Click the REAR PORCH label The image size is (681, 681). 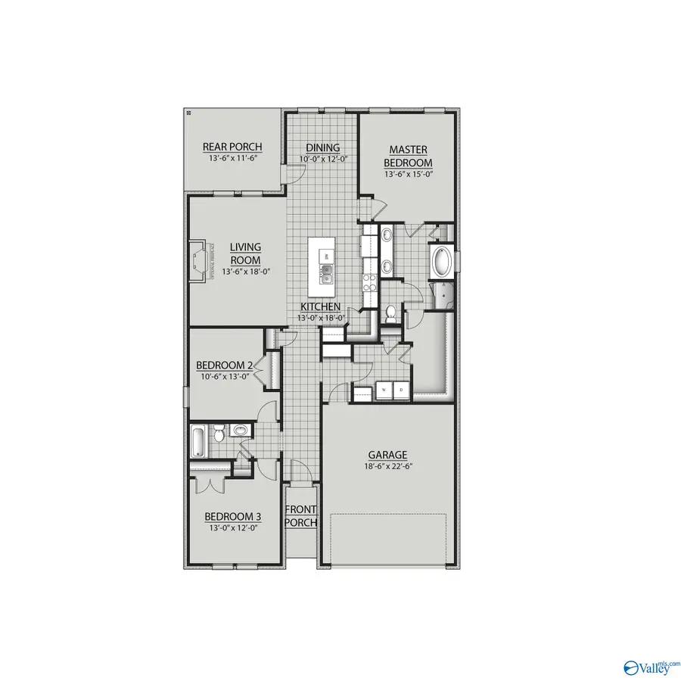tap(232, 147)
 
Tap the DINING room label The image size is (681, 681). tap(323, 148)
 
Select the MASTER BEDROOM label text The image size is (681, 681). tap(408, 157)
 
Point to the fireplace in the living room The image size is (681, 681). tap(199, 261)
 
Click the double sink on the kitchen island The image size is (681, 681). tap(326, 272)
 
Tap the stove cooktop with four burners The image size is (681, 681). tap(370, 283)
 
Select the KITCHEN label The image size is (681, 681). tap(321, 306)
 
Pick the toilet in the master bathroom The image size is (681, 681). tap(391, 313)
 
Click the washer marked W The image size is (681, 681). tap(383, 390)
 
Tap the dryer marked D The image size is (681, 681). tap(401, 390)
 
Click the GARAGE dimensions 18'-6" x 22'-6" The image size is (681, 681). tap(387, 467)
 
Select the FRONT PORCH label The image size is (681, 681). tap(300, 516)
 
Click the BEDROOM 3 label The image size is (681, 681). tap(233, 517)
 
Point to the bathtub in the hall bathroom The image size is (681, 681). tap(197, 441)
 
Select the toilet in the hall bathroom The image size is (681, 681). tap(217, 434)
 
